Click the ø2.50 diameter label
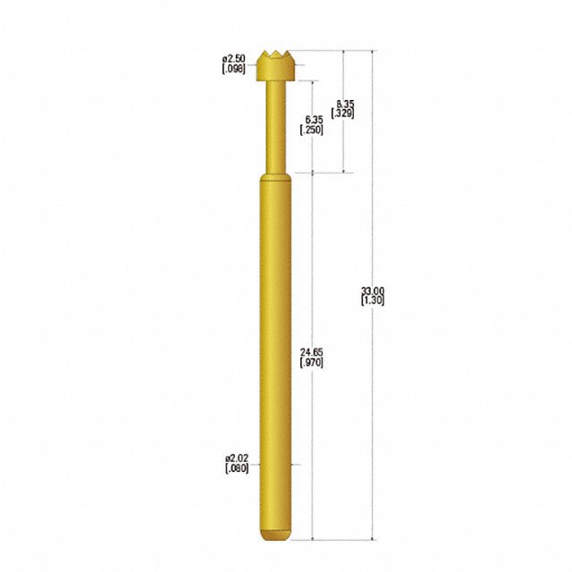click(234, 58)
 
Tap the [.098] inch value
click(234, 69)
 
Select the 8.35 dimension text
click(345, 105)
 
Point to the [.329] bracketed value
click(342, 114)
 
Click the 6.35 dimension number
click(314, 120)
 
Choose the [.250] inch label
click(312, 130)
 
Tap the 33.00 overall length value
click(373, 290)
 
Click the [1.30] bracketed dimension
click(373, 300)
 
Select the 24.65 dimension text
click(312, 352)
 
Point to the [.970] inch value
click(312, 363)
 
